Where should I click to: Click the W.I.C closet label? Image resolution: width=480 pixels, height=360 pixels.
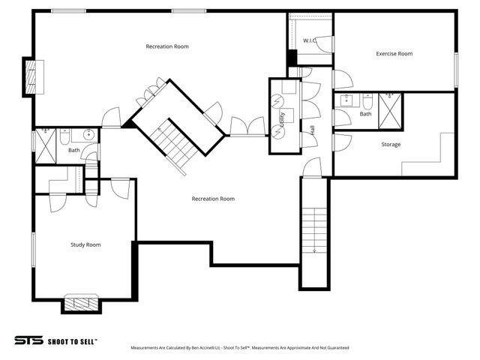tap(308, 40)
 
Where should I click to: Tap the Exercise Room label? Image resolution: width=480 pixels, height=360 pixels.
tap(394, 53)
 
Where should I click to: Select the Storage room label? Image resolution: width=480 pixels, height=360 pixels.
tap(390, 144)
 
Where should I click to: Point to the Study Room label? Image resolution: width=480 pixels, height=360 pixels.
tap(85, 244)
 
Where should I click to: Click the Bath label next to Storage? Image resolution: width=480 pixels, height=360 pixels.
tap(365, 114)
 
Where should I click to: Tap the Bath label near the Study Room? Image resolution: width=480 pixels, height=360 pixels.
tap(73, 150)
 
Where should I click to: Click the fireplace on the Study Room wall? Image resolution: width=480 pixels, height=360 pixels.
tap(80, 304)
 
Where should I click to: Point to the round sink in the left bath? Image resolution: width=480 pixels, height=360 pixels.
tap(88, 135)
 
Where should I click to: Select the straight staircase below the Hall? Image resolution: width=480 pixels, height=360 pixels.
tap(313, 232)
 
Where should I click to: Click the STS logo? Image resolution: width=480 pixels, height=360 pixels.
tap(28, 340)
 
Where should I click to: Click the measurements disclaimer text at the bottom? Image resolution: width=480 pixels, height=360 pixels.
tap(240, 348)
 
